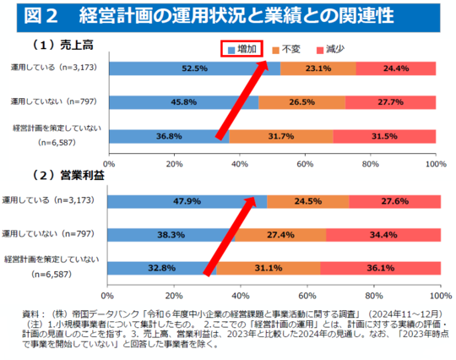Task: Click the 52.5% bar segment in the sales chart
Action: point(193,69)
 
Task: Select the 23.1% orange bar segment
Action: point(318,69)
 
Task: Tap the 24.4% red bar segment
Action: point(396,69)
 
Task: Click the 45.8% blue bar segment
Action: point(182,101)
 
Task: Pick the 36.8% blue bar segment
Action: point(167,135)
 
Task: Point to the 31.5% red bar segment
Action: point(384,135)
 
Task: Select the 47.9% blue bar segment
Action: point(186,202)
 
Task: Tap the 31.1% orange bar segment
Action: point(269,268)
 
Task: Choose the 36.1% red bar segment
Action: point(380,268)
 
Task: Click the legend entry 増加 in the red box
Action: point(242,50)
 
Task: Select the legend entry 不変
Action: point(291,50)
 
